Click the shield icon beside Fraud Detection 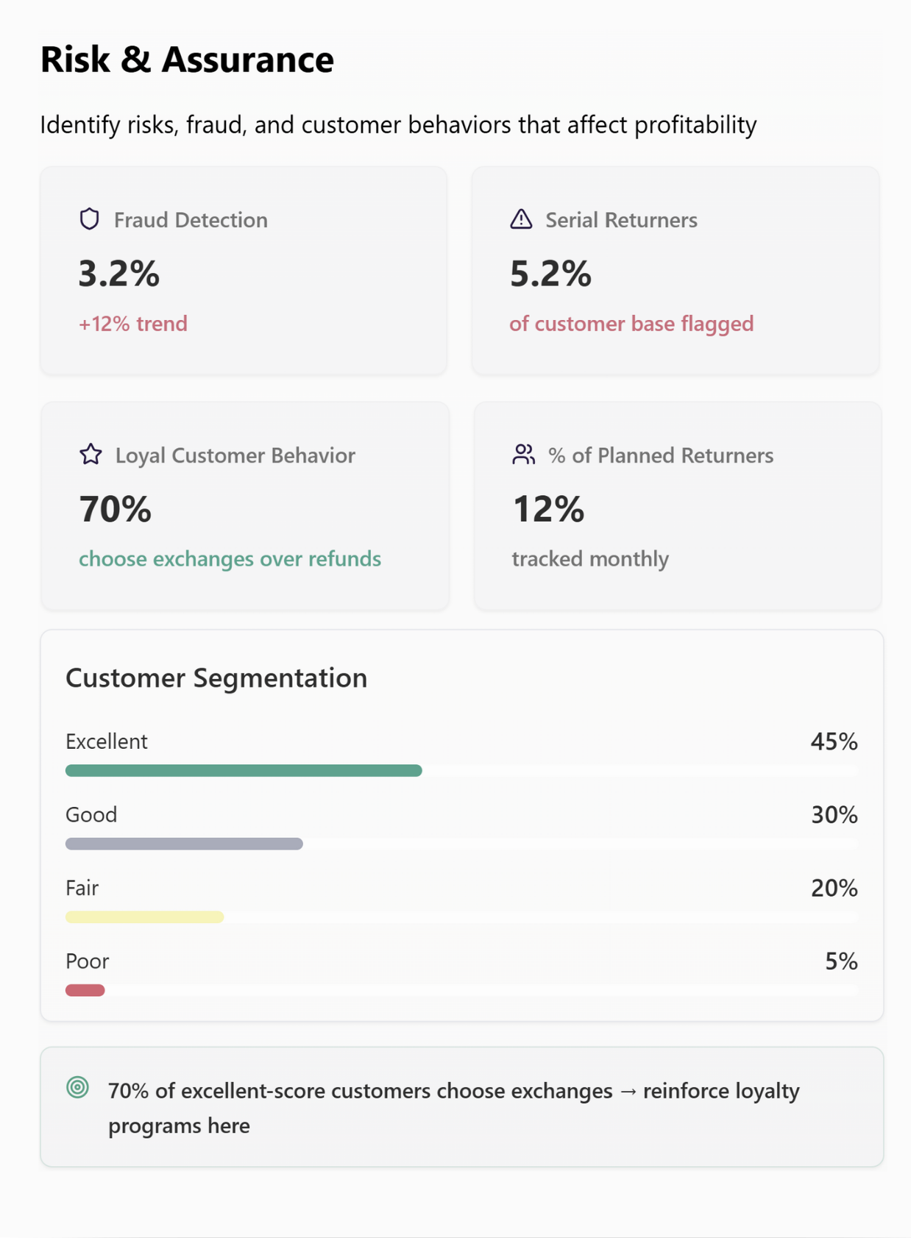pyautogui.click(x=90, y=219)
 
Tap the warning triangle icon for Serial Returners pyautogui.click(x=521, y=219)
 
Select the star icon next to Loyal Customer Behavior pyautogui.click(x=91, y=455)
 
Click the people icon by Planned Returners pyautogui.click(x=523, y=455)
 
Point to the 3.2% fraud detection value pyautogui.click(x=119, y=274)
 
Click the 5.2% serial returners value pyautogui.click(x=550, y=274)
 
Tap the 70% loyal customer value pyautogui.click(x=116, y=509)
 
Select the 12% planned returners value pyautogui.click(x=548, y=509)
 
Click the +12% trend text pyautogui.click(x=133, y=324)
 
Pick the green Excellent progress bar pyautogui.click(x=244, y=770)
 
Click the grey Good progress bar pyautogui.click(x=184, y=844)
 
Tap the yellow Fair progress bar pyautogui.click(x=144, y=917)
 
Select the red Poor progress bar pyautogui.click(x=85, y=990)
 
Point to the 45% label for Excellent pyautogui.click(x=834, y=741)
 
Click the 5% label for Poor pyautogui.click(x=841, y=961)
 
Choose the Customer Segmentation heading pyautogui.click(x=216, y=677)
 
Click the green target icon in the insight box pyautogui.click(x=77, y=1087)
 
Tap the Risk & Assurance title pyautogui.click(x=187, y=60)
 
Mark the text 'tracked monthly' pyautogui.click(x=590, y=559)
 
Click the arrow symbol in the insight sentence pyautogui.click(x=628, y=1092)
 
